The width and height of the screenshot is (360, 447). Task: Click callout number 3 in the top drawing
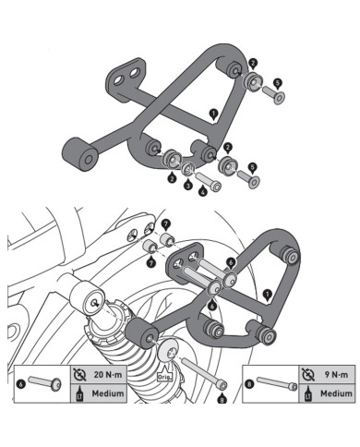click(189, 185)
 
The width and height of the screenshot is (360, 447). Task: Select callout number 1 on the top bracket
click(213, 115)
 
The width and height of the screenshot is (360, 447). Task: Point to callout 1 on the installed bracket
click(267, 293)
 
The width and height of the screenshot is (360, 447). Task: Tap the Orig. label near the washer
click(166, 376)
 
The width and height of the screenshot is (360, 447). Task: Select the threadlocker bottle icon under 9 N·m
click(306, 394)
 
